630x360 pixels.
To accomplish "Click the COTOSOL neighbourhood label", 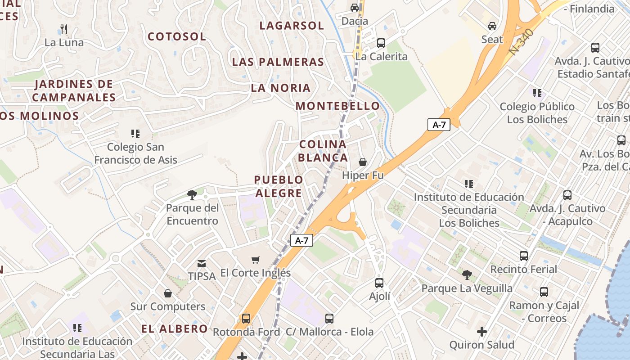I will point(177,36).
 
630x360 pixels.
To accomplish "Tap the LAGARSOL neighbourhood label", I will point(292,26).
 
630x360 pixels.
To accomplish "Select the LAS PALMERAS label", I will point(278,62).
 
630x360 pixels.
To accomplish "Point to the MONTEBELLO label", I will point(337,106).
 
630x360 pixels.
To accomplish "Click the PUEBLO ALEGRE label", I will point(279,186).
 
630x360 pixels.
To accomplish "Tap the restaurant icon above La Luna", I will point(63,30).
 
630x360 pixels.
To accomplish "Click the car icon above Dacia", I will point(355,8).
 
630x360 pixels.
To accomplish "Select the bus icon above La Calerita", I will point(381,43).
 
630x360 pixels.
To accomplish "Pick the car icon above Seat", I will point(492,26).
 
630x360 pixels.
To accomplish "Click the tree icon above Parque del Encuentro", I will point(192,195).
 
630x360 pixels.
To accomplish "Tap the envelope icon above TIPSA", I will point(202,263).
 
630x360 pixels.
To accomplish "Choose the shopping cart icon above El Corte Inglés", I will point(256,260).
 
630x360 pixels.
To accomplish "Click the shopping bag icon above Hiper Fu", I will point(363,162).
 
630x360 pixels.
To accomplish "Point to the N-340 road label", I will point(522,42).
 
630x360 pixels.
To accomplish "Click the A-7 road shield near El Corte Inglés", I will point(301,240).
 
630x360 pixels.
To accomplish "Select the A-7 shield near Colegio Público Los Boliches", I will point(439,125).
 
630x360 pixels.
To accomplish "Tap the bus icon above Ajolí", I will point(379,283).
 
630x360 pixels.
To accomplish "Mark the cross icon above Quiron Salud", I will point(482,332).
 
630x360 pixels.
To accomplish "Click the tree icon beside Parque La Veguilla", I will point(467,274).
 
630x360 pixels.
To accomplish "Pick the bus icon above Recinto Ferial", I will point(524,256).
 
